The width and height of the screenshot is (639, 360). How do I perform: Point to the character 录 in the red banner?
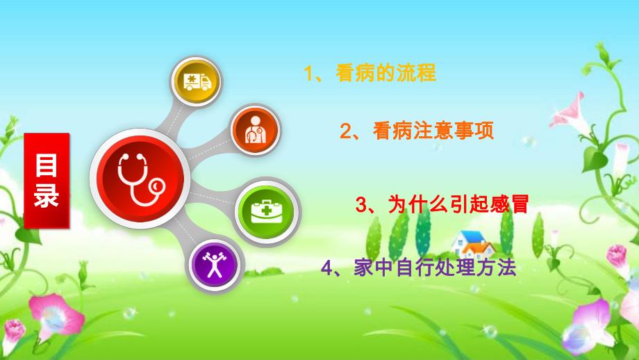pyautogui.click(x=47, y=197)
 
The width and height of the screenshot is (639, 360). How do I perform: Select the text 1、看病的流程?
pyautogui.click(x=370, y=74)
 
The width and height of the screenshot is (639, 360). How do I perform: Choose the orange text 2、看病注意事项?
pyautogui.click(x=417, y=131)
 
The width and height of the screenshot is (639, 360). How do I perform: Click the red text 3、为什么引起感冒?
pyautogui.click(x=442, y=204)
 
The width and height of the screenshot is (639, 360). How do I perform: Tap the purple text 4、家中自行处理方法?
pyautogui.click(x=419, y=268)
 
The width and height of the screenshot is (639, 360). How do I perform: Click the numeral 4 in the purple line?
pyautogui.click(x=326, y=269)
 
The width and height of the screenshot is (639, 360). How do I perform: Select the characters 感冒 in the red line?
pyautogui.click(x=514, y=204)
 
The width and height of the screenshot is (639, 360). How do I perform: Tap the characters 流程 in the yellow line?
pyautogui.click(x=420, y=74)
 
